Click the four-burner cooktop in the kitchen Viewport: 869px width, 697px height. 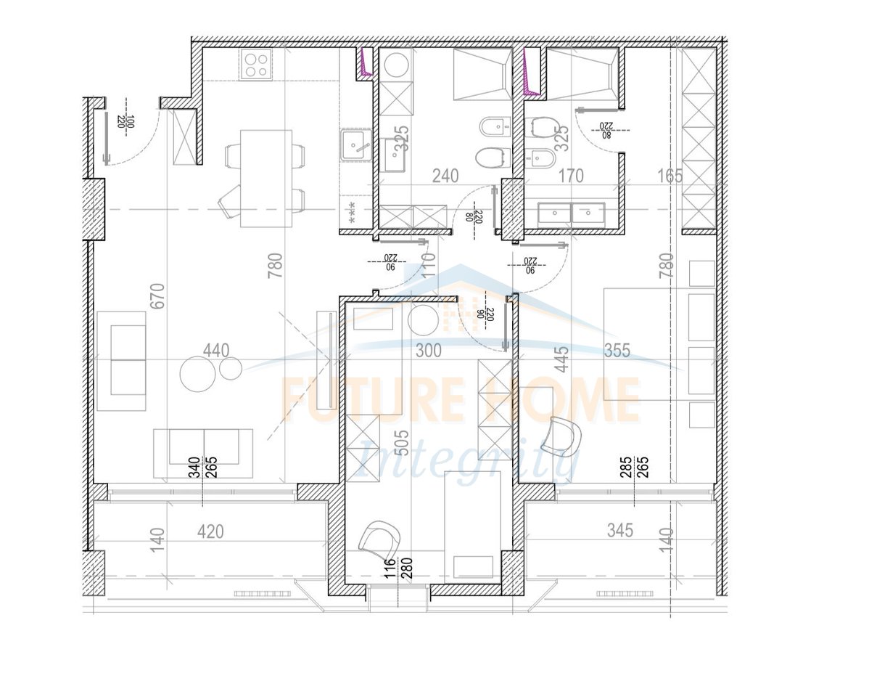[x=257, y=64]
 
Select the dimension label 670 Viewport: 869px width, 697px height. [x=158, y=296]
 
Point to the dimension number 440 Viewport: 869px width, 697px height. [x=216, y=351]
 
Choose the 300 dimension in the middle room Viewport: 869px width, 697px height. [x=428, y=351]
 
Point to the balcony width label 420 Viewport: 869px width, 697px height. [x=210, y=531]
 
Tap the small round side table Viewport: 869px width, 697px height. [x=231, y=369]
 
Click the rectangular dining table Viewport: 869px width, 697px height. [x=265, y=178]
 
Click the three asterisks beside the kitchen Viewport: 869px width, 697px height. [x=352, y=211]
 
